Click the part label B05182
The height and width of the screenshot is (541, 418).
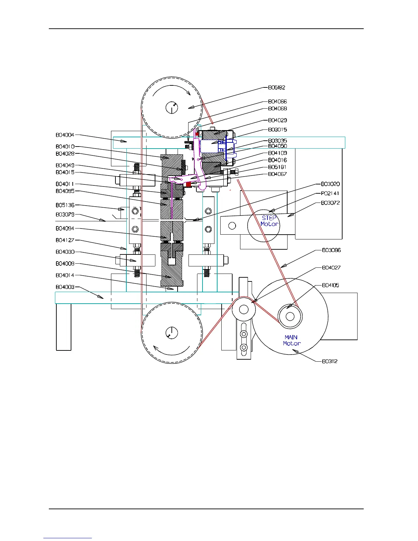point(276,88)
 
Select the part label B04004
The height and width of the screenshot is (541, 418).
point(65,135)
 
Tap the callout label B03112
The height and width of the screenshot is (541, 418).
point(330,361)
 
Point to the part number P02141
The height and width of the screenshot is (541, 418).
point(330,193)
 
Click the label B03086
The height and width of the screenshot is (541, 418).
point(331,250)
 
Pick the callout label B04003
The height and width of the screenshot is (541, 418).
point(65,287)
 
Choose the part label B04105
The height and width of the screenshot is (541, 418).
point(330,286)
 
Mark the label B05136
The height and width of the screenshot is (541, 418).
point(65,205)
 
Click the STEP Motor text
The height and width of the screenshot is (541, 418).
point(269,221)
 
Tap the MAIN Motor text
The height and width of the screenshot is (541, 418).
point(292,341)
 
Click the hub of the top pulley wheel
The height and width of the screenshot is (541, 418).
point(172,108)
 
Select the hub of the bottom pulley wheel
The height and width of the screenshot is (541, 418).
point(172,333)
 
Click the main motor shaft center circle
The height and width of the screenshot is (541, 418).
point(290,316)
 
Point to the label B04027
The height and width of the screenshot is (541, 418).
point(331,268)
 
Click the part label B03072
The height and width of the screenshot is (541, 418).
point(330,203)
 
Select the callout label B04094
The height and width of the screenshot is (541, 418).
point(65,228)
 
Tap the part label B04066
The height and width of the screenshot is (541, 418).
point(277,102)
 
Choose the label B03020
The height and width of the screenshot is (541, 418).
point(330,184)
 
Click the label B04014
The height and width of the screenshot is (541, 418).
point(65,275)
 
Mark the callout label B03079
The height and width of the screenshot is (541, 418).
point(65,215)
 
